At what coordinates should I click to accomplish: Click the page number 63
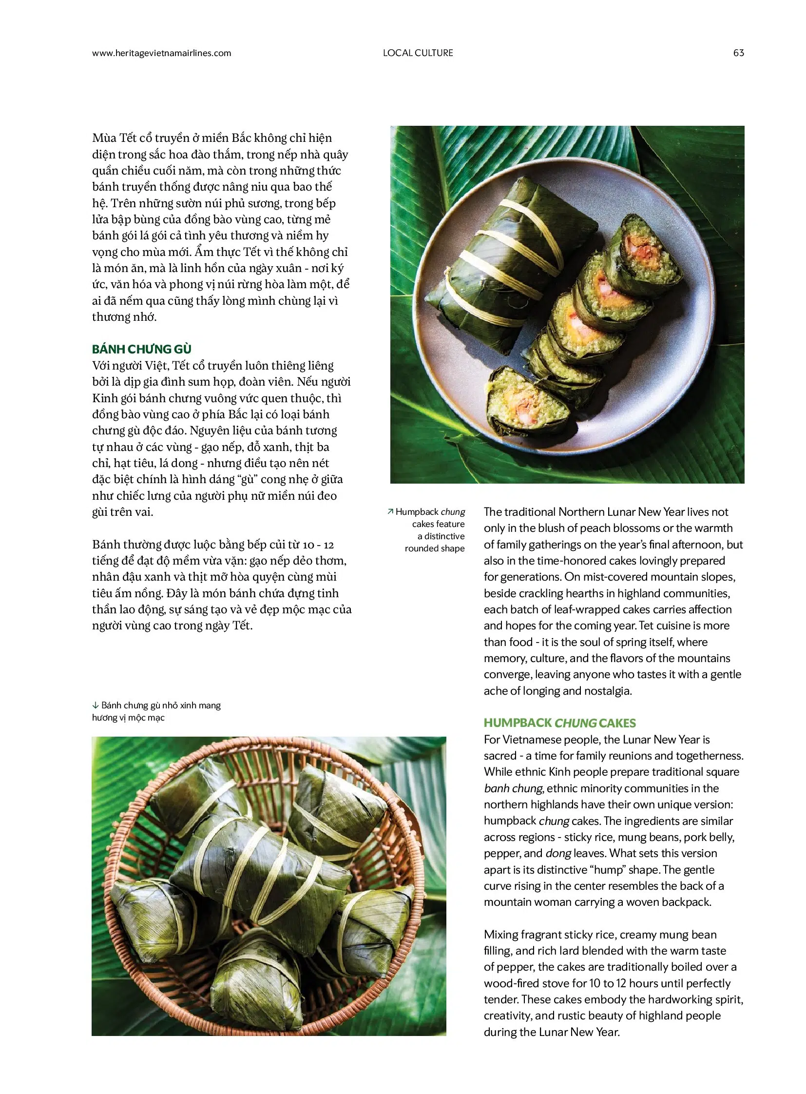738,53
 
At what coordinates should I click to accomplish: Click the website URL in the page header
161,53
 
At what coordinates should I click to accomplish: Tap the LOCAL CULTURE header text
418,53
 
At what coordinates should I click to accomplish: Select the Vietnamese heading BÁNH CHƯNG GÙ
141,349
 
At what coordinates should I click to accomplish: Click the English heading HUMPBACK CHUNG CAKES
559,723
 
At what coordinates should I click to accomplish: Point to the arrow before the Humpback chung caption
390,511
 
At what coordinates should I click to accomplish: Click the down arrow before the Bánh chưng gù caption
95,705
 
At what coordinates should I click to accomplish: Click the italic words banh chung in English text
513,788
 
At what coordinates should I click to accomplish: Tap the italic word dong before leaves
558,853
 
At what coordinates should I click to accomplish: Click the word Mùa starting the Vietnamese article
104,138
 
